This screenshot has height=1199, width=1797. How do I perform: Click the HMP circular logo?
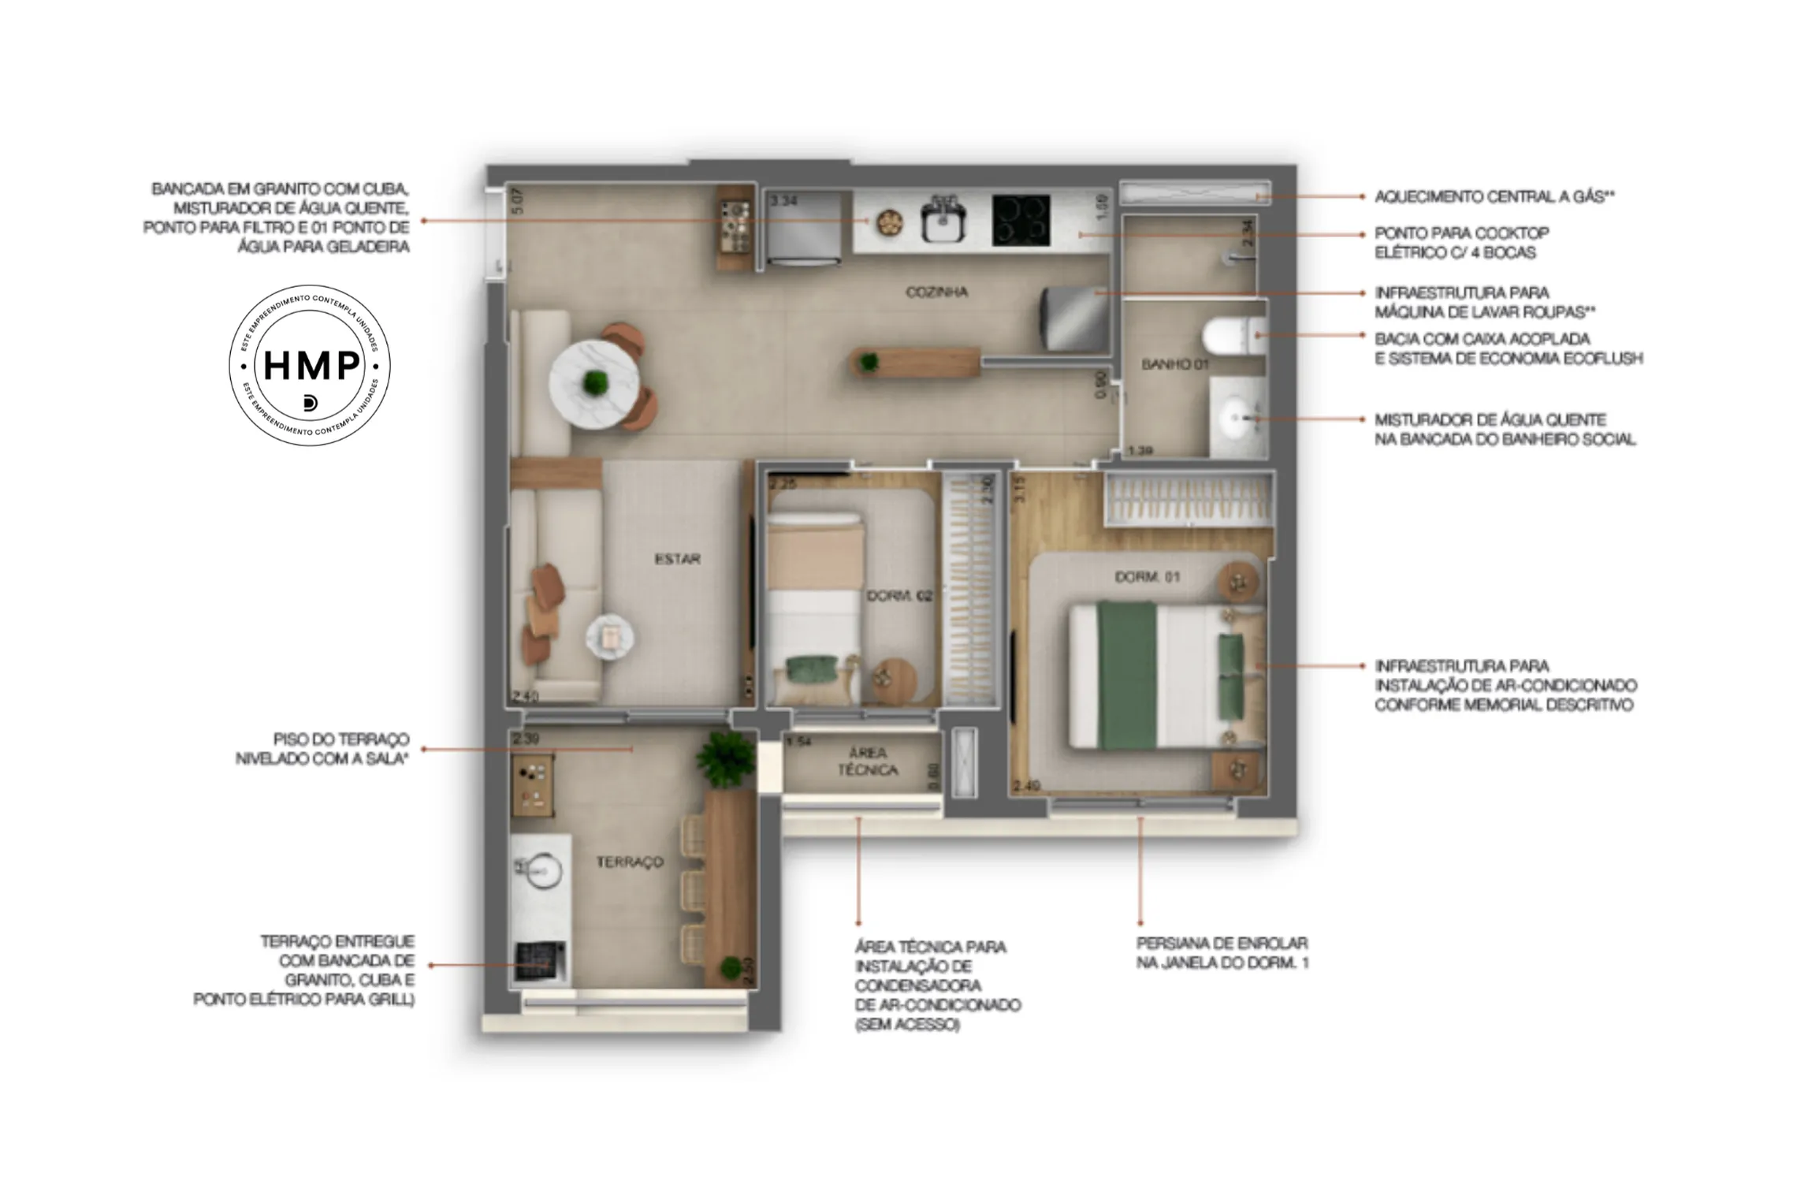pyautogui.click(x=309, y=365)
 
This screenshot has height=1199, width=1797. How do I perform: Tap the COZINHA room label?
pyautogui.click(x=936, y=292)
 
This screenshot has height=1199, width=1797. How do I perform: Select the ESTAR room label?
pyautogui.click(x=677, y=559)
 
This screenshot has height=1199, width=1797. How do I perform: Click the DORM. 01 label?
pyautogui.click(x=1147, y=577)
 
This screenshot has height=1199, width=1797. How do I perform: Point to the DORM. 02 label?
pyautogui.click(x=899, y=596)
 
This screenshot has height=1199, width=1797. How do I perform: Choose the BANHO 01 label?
pyautogui.click(x=1174, y=364)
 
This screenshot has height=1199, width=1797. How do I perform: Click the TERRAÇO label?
pyautogui.click(x=629, y=862)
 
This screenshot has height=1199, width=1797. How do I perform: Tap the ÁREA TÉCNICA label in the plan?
pyautogui.click(x=868, y=761)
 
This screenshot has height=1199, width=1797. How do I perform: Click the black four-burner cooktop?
pyautogui.click(x=1021, y=219)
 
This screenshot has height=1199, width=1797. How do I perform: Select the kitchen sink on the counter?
pyautogui.click(x=943, y=222)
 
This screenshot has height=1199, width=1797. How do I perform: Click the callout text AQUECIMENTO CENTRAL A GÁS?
pyautogui.click(x=1494, y=196)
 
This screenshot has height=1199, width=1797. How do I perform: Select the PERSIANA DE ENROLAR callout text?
pyautogui.click(x=1222, y=952)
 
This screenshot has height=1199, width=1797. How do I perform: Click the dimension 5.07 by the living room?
pyautogui.click(x=517, y=201)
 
